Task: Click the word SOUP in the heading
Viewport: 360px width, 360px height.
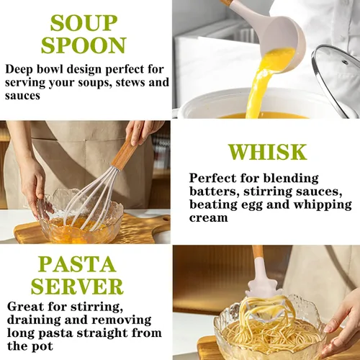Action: [84, 23]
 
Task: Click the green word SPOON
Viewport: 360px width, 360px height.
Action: [84, 45]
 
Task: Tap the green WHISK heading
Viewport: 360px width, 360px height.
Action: [267, 152]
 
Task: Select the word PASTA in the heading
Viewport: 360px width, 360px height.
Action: [77, 264]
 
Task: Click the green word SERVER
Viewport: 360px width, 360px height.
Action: [77, 287]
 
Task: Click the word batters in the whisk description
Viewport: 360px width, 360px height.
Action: [215, 192]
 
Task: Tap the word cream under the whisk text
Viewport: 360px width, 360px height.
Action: [208, 218]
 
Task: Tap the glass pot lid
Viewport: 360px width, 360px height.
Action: [336, 79]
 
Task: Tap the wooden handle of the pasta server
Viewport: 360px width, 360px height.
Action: [258, 253]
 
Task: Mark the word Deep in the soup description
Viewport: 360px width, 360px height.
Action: [19, 70]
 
